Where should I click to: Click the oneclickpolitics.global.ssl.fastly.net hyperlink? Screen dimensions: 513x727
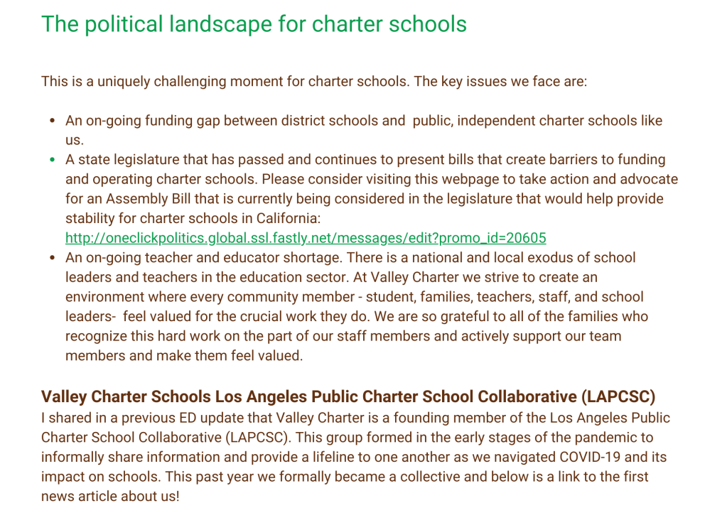coord(306,237)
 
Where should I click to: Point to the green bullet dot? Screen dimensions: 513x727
coord(52,160)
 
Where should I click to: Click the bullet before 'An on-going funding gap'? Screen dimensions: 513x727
coord(52,121)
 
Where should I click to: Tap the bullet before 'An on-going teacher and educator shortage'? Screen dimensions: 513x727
coord(52,257)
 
